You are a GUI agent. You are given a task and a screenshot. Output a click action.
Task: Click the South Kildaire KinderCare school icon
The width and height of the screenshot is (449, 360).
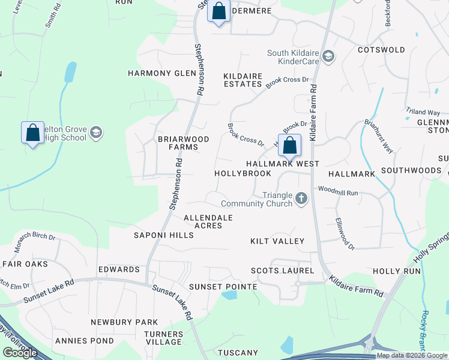328,57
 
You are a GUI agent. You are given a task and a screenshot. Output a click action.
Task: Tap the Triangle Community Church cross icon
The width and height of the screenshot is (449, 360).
301,198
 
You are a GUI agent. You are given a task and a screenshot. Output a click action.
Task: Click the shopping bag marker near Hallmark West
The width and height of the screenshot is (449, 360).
289,145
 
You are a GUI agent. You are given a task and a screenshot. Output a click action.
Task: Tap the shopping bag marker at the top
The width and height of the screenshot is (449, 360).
218,11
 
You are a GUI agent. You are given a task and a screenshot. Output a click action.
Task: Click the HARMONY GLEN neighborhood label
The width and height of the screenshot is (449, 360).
162,73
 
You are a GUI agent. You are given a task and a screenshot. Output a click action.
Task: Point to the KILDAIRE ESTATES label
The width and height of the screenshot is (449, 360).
243,80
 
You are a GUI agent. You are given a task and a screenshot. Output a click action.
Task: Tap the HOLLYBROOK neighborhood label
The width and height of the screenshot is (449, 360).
243,173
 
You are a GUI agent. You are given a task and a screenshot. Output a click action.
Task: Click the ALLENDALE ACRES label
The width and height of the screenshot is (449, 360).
208,221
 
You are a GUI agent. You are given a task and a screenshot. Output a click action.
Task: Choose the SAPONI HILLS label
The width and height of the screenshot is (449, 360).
164,235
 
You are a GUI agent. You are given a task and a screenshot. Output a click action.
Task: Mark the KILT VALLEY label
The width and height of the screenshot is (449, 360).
277,241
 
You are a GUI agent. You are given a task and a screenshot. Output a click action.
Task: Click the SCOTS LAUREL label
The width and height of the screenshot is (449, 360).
282,271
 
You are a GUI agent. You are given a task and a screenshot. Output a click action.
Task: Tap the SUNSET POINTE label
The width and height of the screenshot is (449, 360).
223,287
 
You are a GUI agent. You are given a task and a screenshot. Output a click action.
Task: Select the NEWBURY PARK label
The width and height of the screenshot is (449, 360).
124,322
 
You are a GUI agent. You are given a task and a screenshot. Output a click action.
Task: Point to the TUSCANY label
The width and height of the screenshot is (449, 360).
238,352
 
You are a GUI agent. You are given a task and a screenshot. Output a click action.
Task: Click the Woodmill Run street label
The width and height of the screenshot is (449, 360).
338,193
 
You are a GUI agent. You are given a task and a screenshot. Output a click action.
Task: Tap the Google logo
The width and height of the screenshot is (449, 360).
20,353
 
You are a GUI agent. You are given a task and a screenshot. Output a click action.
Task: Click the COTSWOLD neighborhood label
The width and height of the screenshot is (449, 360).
381,50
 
